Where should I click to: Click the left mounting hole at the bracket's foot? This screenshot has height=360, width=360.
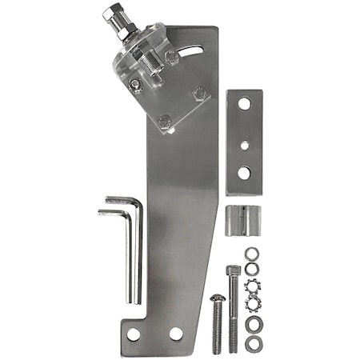[x=134, y=334]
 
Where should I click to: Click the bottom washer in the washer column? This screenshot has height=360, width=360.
[x=253, y=343]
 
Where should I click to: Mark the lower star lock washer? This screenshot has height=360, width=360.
[x=254, y=305]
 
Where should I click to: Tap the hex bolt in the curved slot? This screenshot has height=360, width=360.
[x=171, y=57]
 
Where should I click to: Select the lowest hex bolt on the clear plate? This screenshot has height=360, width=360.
[x=165, y=122]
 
